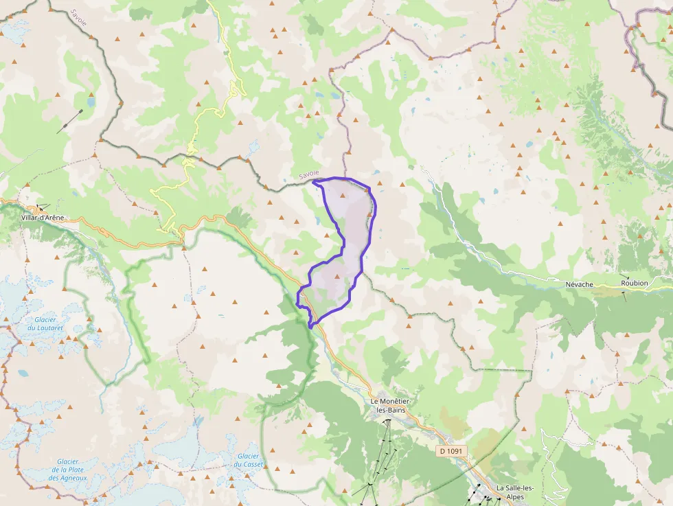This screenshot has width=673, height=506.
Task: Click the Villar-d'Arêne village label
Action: pyautogui.click(x=43, y=218)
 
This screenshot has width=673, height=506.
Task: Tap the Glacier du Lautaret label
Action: pyautogui.click(x=45, y=323)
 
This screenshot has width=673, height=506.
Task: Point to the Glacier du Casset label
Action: pyautogui.click(x=248, y=460)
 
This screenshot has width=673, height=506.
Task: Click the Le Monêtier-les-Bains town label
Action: pyautogui.click(x=388, y=405)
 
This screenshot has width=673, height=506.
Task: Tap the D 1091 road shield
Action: pyautogui.click(x=452, y=451)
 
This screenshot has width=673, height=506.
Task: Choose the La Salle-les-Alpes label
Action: pyautogui.click(x=514, y=492)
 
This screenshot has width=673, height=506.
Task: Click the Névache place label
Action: pyautogui.click(x=578, y=283)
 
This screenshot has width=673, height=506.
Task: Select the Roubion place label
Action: pyautogui.click(x=634, y=283)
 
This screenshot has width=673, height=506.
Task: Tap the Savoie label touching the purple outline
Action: pyautogui.click(x=310, y=176)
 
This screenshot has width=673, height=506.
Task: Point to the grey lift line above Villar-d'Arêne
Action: pyautogui.click(x=69, y=122)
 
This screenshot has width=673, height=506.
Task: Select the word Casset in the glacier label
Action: pyautogui.click(x=248, y=465)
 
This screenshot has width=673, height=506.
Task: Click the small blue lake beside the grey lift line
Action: pyautogui.click(x=91, y=102)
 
